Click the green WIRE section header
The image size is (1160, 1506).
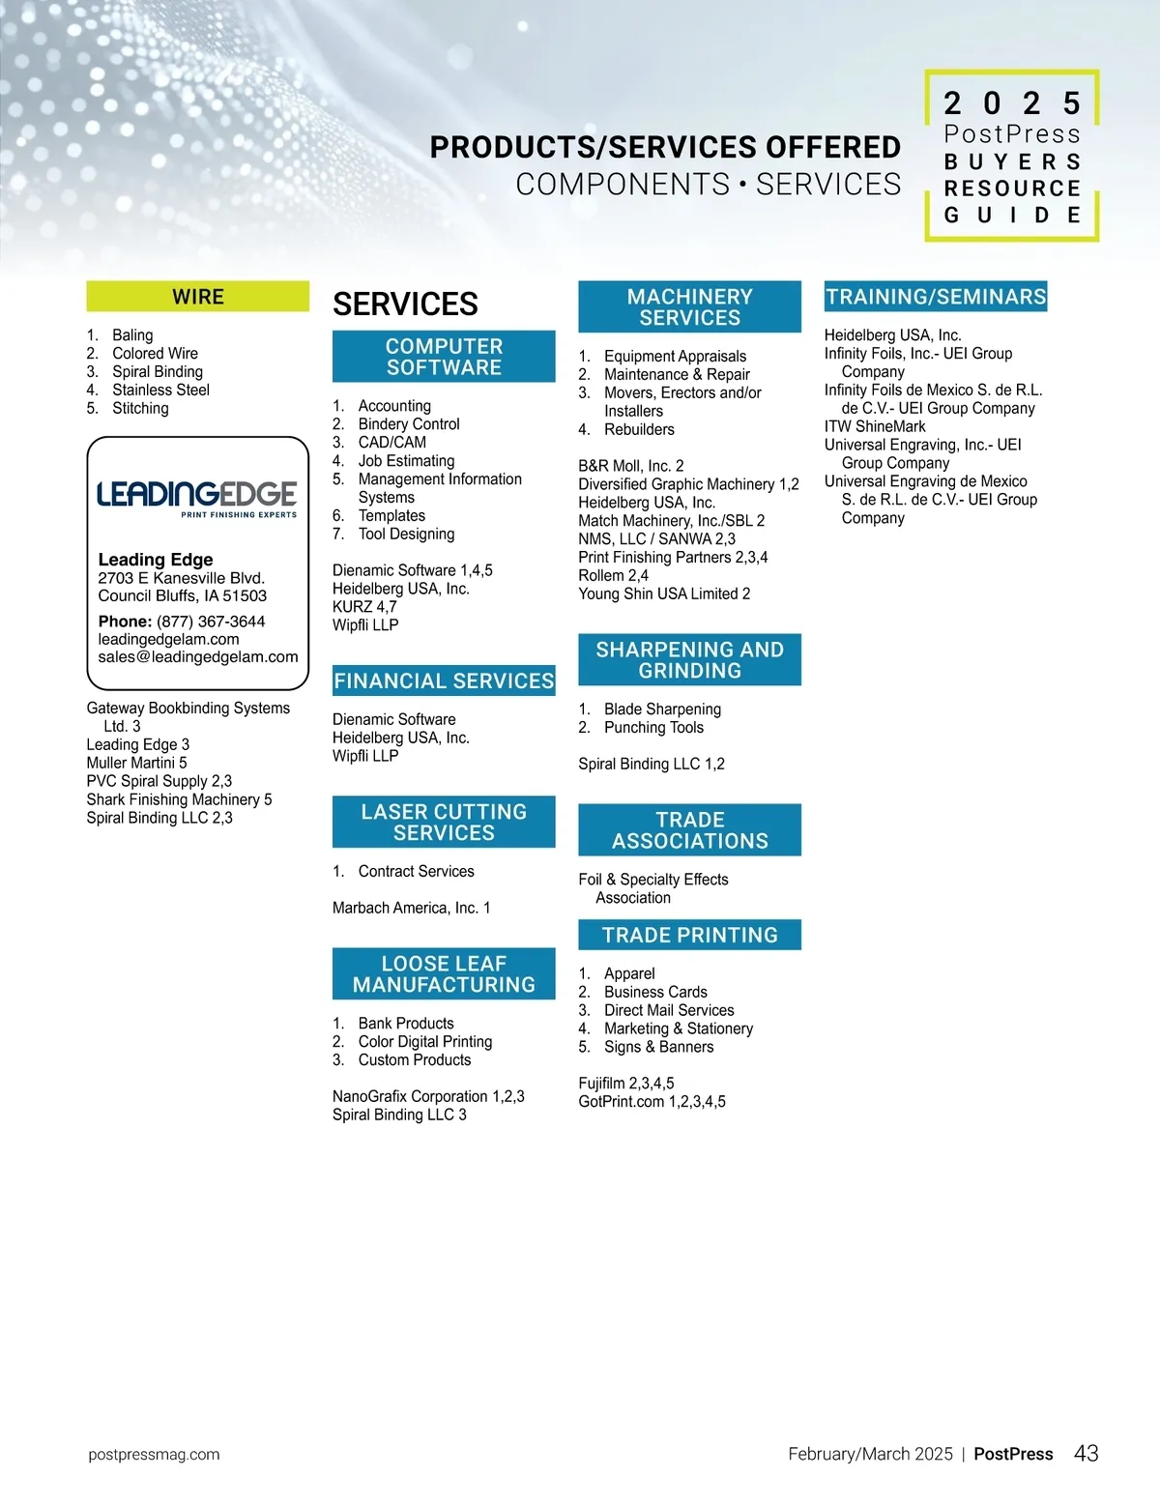pyautogui.click(x=198, y=297)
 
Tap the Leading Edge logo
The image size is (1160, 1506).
pyautogui.click(x=197, y=497)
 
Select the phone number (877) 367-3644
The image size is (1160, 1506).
pyautogui.click(x=211, y=622)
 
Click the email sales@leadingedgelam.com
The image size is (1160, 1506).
pyautogui.click(x=198, y=657)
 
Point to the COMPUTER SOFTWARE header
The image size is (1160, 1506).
pyautogui.click(x=444, y=357)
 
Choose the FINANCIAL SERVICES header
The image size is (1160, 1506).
pyautogui.click(x=444, y=681)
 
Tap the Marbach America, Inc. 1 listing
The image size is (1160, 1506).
pyautogui.click(x=412, y=908)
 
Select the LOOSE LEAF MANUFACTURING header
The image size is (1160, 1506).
pyautogui.click(x=444, y=974)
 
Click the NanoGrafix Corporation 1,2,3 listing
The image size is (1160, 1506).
pyautogui.click(x=428, y=1096)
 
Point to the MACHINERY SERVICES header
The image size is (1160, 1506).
pyautogui.click(x=689, y=307)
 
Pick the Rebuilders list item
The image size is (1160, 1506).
pyautogui.click(x=639, y=429)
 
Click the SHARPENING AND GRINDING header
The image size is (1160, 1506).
pyautogui.click(x=689, y=660)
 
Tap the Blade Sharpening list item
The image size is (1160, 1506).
pyautogui.click(x=662, y=710)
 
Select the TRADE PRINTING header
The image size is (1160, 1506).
pyautogui.click(x=689, y=935)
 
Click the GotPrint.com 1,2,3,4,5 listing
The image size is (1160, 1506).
pyautogui.click(x=652, y=1102)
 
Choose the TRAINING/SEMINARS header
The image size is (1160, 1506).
pyautogui.click(x=936, y=297)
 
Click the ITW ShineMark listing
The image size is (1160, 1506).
pyautogui.click(x=875, y=426)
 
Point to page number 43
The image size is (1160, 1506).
pyautogui.click(x=1087, y=1454)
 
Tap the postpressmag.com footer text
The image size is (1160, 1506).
pyautogui.click(x=154, y=1455)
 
